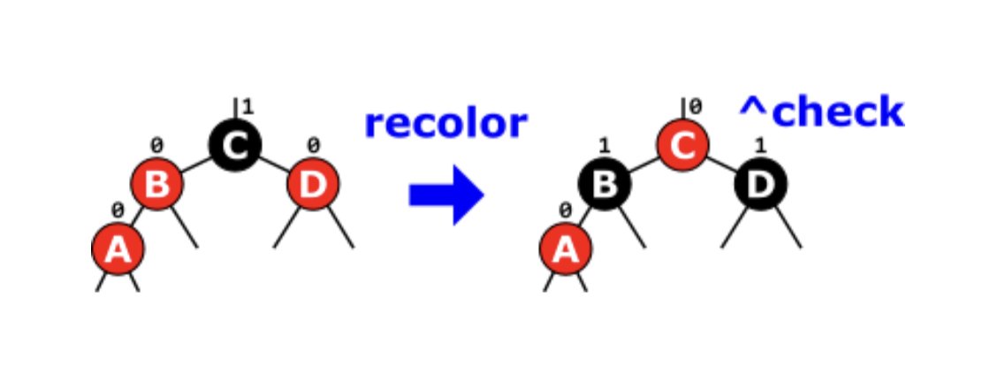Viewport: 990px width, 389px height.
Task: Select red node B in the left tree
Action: (x=157, y=185)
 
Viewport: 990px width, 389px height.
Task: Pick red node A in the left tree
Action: (x=118, y=250)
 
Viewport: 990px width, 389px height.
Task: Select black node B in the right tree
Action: (x=605, y=185)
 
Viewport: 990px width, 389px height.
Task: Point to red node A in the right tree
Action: (x=565, y=250)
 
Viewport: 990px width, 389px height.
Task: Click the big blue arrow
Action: (x=446, y=194)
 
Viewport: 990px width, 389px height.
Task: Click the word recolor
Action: (x=445, y=123)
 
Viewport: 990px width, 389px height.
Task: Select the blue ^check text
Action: (x=821, y=112)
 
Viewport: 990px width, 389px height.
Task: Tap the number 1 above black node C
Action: (x=247, y=107)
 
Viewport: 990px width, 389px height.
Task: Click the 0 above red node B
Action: (x=156, y=144)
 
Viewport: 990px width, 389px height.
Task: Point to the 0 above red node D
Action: (x=313, y=144)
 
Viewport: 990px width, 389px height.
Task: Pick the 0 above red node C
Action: (x=696, y=107)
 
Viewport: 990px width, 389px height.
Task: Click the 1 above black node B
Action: (x=604, y=144)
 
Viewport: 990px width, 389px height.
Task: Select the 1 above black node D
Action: (x=760, y=144)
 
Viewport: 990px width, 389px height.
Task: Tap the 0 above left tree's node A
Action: (x=117, y=210)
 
